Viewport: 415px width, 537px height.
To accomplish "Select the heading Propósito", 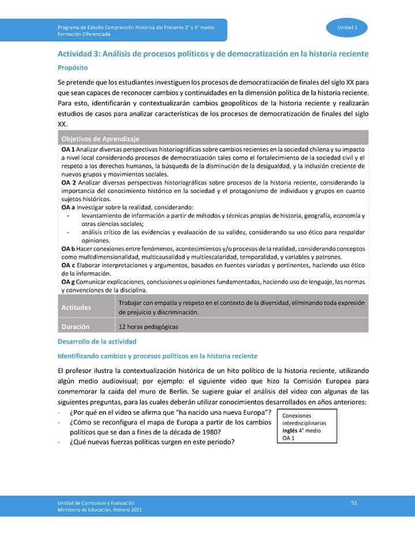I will [72, 67].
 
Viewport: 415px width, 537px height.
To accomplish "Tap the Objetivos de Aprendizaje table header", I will [100, 139].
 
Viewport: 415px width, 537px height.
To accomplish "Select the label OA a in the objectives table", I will [67, 207].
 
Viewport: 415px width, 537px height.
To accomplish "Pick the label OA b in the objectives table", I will [67, 248].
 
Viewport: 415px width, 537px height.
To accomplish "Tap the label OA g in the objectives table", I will [67, 282].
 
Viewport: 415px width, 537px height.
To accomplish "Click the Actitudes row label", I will [76, 308].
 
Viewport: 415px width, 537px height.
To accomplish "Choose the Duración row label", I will [76, 327].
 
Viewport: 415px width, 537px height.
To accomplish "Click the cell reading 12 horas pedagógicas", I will [148, 327].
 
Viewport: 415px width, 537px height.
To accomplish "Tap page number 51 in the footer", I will [354, 503].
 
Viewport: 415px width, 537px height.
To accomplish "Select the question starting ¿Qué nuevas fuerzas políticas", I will [152, 442].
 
